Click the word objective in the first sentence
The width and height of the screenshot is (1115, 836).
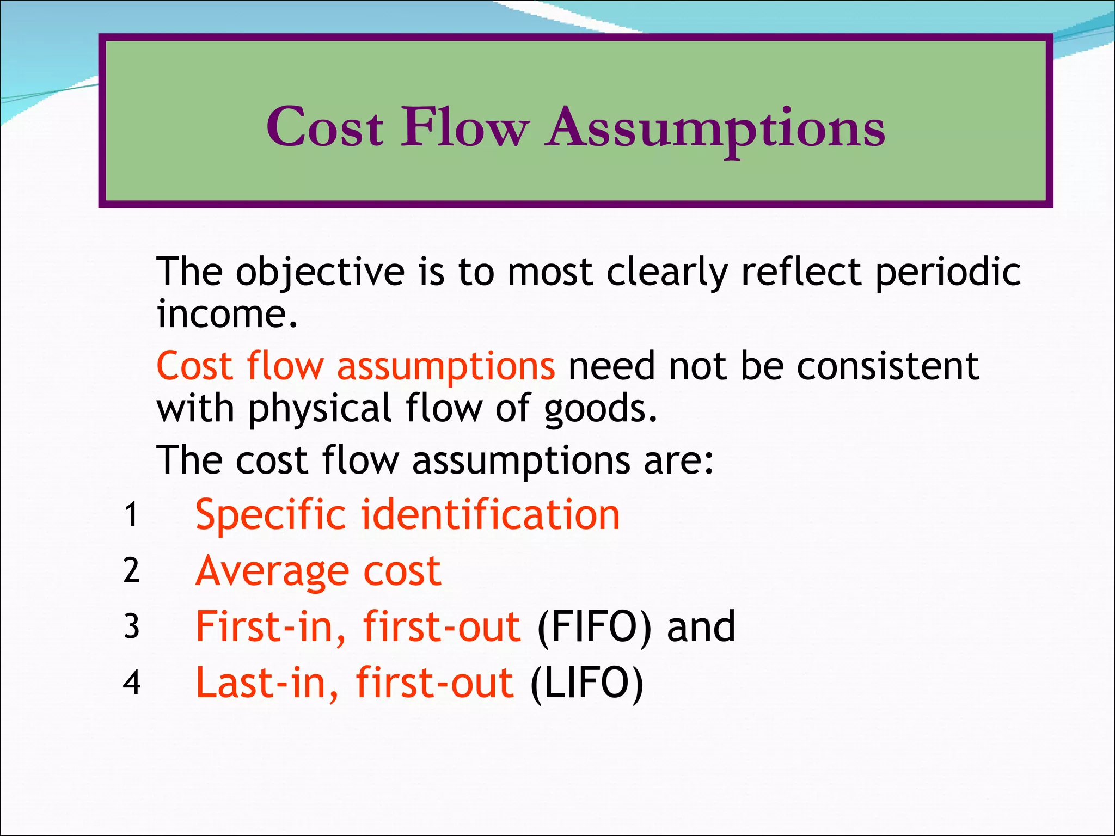320,272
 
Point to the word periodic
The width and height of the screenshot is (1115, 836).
948,272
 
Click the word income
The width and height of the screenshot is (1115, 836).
227,314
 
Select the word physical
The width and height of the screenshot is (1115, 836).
320,409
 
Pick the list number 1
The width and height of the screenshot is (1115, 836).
131,514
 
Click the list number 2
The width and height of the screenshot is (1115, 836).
131,570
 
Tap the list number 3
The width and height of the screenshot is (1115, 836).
131,626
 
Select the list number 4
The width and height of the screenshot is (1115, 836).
131,683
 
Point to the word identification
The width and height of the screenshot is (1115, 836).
490,515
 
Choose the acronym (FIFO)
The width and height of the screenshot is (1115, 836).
595,627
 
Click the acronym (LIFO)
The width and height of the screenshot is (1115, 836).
587,684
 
